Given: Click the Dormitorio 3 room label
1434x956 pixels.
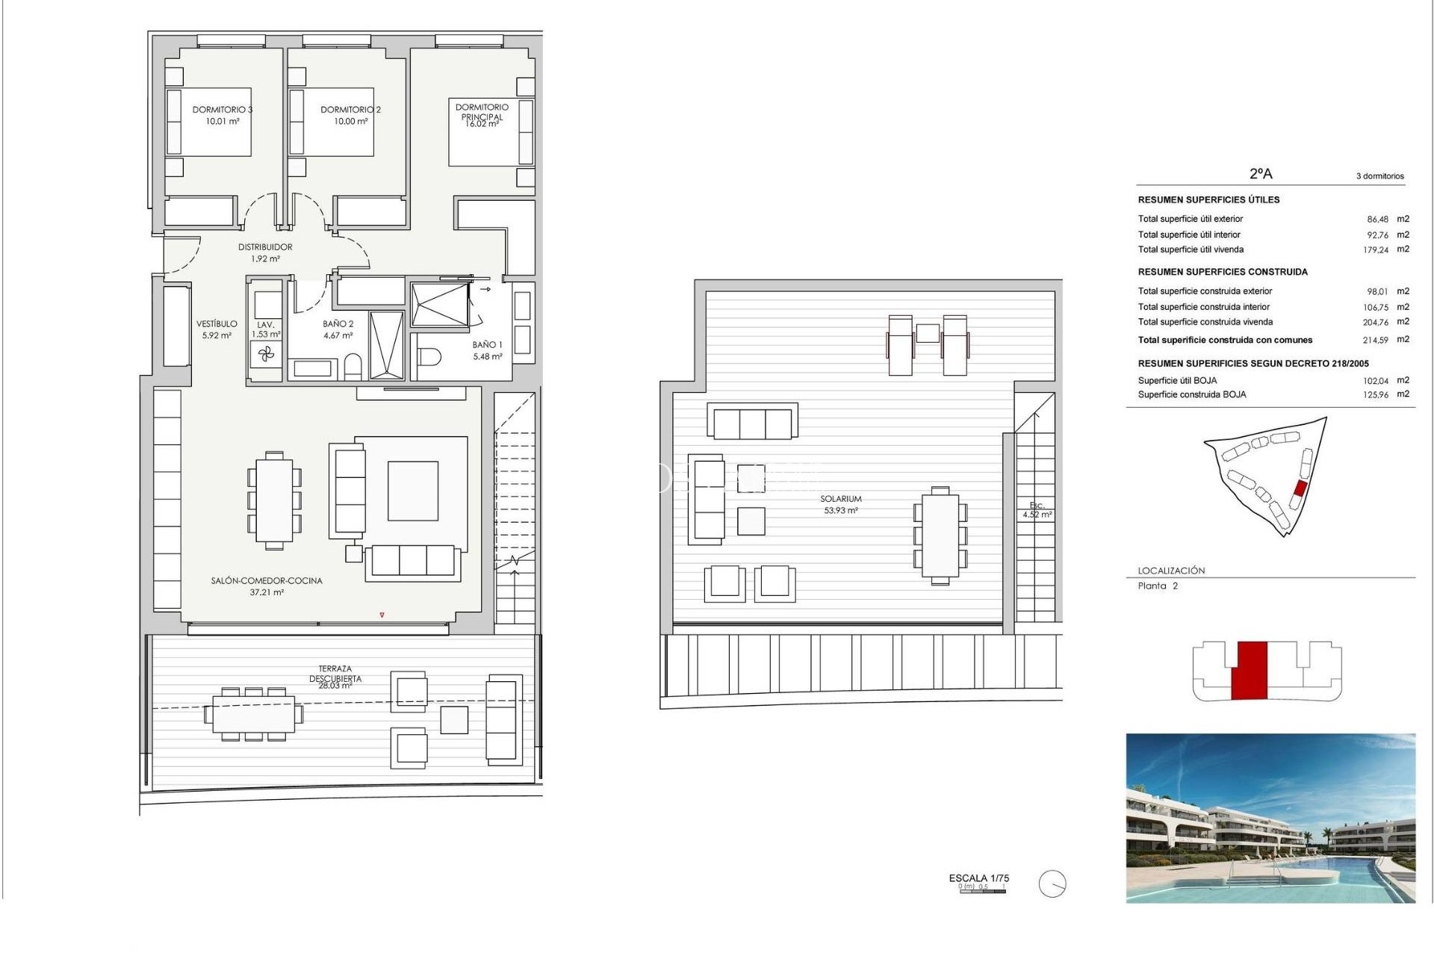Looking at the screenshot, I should [x=223, y=110].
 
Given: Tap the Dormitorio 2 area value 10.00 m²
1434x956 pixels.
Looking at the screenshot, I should [x=350, y=121].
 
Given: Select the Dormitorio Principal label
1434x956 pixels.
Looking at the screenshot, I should [x=482, y=111].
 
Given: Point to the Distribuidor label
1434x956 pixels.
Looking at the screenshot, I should [x=265, y=247].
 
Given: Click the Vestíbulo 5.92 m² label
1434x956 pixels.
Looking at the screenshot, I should [x=217, y=329].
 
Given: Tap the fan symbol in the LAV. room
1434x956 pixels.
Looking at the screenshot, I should [x=267, y=355].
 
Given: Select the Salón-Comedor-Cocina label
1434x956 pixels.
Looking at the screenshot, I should [x=267, y=580].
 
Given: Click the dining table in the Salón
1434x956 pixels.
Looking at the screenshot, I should [x=274, y=500].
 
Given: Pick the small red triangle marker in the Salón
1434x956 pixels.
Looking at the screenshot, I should [x=382, y=615].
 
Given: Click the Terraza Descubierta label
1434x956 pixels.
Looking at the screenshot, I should [x=335, y=674].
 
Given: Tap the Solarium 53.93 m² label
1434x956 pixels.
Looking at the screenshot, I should [x=841, y=504].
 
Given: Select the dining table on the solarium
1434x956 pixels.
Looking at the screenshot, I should [x=940, y=536].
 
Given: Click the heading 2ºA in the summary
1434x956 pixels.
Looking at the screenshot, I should [x=1261, y=173].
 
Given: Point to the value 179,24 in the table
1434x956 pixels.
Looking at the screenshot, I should [x=1375, y=250].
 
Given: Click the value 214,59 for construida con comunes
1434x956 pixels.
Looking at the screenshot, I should [x=1375, y=340].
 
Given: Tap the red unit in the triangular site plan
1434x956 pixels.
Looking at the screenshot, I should [x=1300, y=488].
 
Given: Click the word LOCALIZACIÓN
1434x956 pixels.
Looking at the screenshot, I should [x=1171, y=571].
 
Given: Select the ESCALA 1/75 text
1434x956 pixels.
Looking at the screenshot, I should [x=978, y=878].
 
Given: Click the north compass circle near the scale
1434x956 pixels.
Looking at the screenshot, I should [x=1052, y=884].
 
